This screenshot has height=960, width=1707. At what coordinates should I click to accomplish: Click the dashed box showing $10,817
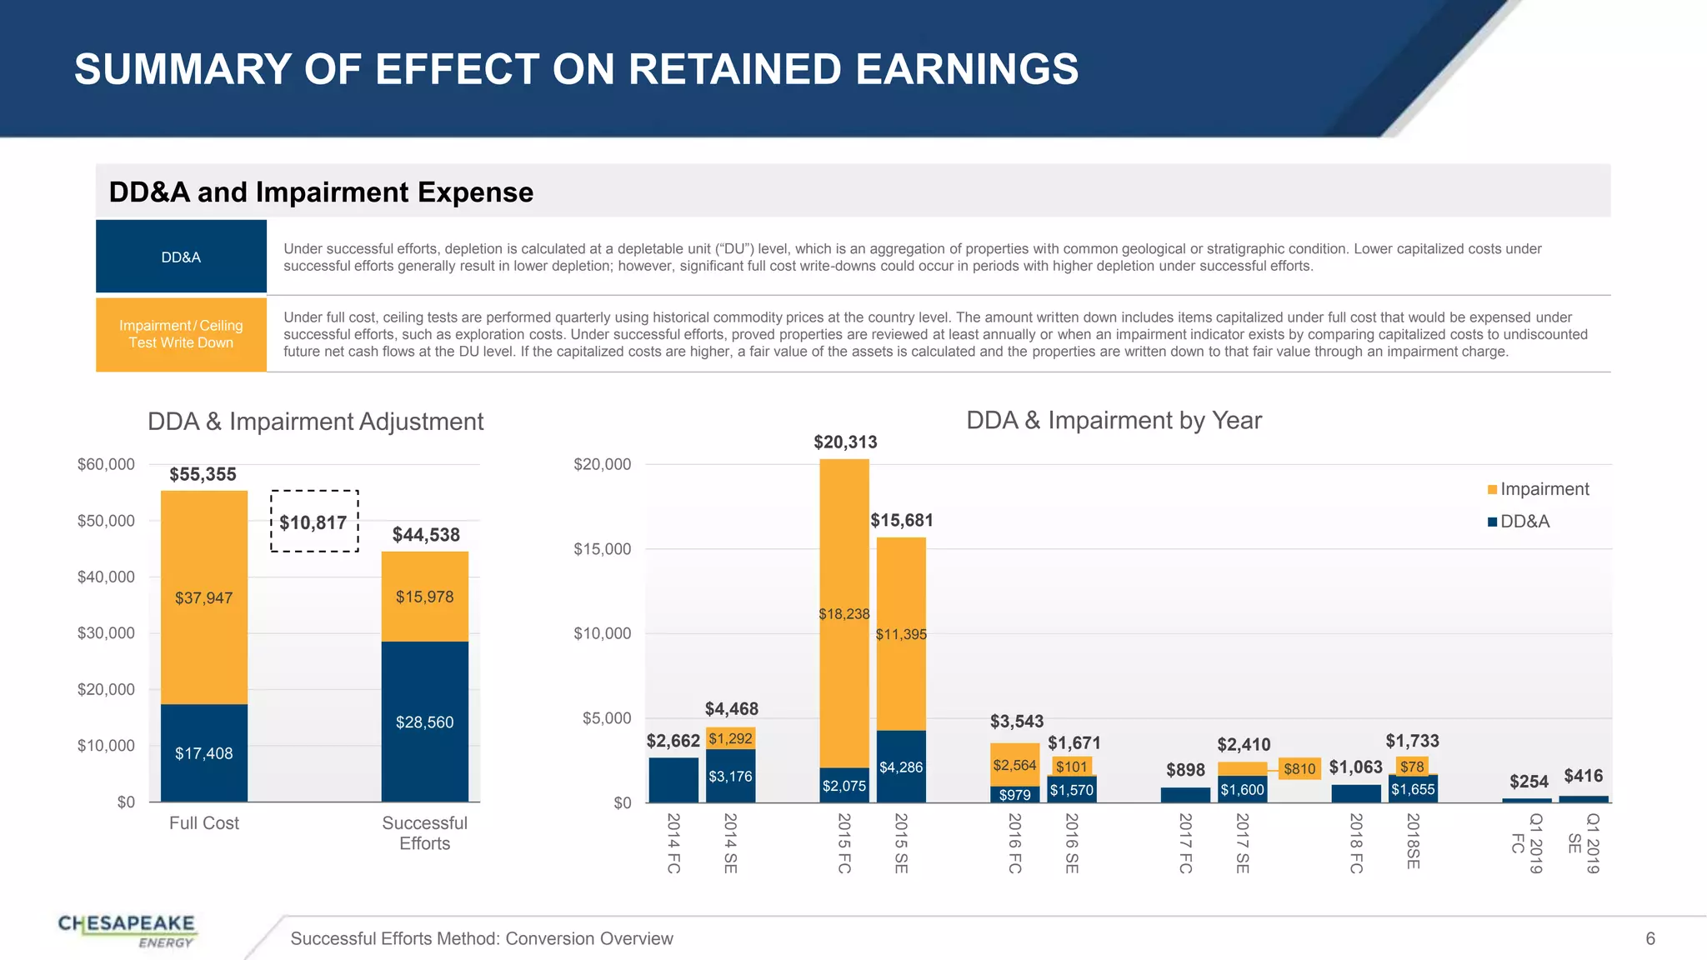tap(314, 522)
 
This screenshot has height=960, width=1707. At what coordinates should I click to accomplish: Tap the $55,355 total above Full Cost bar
tap(203, 474)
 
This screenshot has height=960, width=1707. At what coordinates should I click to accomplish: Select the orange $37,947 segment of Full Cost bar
tap(203, 597)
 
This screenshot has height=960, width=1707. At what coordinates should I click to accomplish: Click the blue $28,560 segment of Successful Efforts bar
tap(424, 722)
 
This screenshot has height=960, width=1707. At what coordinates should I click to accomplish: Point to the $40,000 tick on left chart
tap(106, 577)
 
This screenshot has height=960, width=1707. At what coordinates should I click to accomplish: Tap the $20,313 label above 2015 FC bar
tap(845, 442)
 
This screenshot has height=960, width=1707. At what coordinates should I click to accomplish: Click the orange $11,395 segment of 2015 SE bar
tap(901, 634)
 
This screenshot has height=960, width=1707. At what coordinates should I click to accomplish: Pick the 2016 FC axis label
tap(1014, 842)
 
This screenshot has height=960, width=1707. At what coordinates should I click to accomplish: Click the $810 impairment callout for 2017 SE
tap(1299, 768)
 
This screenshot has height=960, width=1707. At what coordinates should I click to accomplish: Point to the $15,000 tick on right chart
tap(602, 549)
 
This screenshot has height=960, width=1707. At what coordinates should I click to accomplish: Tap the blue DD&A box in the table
tap(181, 257)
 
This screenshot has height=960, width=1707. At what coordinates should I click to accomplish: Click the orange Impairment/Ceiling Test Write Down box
tap(181, 334)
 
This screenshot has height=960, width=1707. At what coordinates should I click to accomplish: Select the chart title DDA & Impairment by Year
tap(1114, 420)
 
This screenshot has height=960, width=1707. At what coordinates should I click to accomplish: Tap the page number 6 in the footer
tap(1649, 938)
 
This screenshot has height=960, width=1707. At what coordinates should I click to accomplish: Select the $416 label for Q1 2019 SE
tap(1583, 776)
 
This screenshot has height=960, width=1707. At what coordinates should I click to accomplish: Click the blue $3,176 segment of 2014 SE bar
tap(730, 776)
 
